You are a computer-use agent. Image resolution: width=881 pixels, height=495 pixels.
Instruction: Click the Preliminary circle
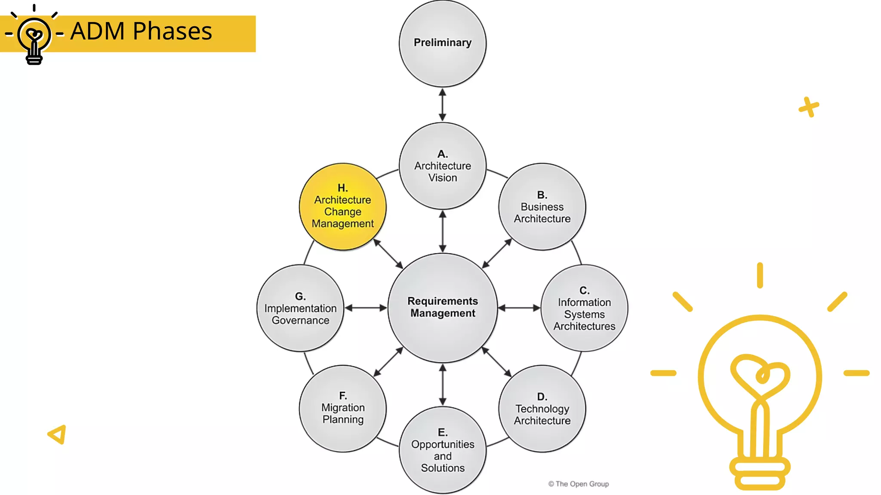tap(443, 43)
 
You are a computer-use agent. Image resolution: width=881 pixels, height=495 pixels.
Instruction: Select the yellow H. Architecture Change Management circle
tap(342, 207)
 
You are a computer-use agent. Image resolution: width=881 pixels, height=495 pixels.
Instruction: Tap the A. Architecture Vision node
tap(443, 166)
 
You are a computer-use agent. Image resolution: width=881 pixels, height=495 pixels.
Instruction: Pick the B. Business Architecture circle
tap(542, 207)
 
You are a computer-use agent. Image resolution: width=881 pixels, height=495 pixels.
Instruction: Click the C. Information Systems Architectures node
tap(584, 308)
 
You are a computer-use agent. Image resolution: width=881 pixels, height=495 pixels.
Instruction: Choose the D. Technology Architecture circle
tap(542, 409)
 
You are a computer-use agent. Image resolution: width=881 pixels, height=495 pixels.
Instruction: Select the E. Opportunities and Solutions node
tap(443, 450)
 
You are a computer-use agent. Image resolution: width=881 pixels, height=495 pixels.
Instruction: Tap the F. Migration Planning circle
tap(342, 409)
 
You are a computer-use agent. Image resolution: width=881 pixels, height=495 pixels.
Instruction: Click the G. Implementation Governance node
tap(300, 308)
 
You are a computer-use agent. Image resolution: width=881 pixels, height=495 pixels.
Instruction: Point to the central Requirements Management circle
tap(443, 308)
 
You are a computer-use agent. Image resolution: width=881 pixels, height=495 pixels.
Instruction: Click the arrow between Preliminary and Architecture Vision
tap(443, 105)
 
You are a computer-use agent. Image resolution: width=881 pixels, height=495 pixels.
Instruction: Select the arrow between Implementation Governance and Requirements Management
tap(366, 308)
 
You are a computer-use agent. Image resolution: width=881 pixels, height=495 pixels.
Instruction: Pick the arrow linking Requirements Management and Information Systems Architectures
tap(519, 308)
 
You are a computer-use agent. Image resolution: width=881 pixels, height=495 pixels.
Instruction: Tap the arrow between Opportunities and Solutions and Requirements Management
tap(443, 385)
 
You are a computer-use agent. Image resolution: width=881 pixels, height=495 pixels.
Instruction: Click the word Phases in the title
tap(172, 31)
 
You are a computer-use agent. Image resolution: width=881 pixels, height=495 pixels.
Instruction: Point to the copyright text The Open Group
tap(579, 484)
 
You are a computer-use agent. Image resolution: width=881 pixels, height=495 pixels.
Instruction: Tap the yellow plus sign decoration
tap(809, 107)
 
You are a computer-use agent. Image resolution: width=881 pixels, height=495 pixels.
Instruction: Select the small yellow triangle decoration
tap(58, 434)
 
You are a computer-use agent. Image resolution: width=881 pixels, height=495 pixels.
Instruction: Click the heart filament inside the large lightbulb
tap(760, 376)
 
